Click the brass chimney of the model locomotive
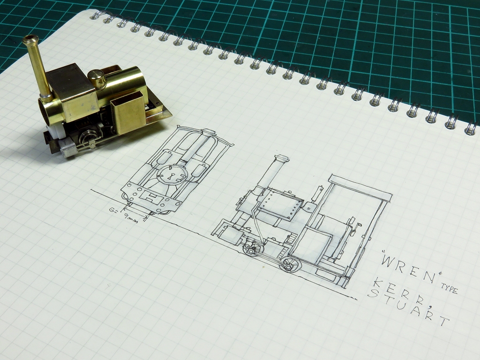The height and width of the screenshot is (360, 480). click(38, 67)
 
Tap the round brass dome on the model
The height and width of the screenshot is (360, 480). click(97, 78)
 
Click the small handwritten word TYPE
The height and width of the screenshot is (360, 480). click(449, 289)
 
